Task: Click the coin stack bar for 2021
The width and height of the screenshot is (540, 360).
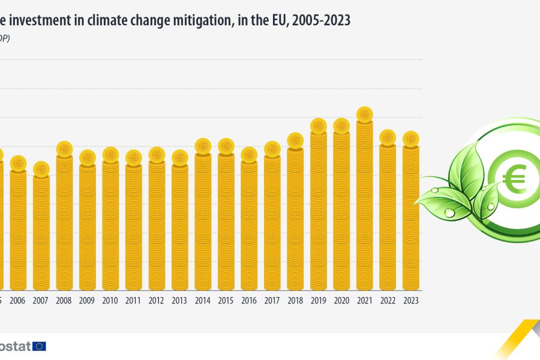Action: pos(364,204)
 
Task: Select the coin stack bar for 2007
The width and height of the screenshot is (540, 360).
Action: pos(41,231)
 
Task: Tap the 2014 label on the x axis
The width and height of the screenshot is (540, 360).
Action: pos(203,301)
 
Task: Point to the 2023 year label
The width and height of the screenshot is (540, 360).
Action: pos(410,301)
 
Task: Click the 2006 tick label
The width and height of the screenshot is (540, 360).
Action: pos(18,301)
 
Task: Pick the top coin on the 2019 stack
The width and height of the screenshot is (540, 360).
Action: pos(319,126)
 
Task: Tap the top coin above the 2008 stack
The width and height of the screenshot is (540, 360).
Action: pos(64,148)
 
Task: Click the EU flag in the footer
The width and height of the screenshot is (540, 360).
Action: pos(40,346)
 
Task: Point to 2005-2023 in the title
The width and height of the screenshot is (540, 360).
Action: pos(320,20)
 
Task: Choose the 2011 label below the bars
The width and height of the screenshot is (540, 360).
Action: pos(133,301)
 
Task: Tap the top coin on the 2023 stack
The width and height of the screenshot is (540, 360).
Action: pos(410,139)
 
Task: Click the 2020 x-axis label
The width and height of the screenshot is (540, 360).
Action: pos(341,301)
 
